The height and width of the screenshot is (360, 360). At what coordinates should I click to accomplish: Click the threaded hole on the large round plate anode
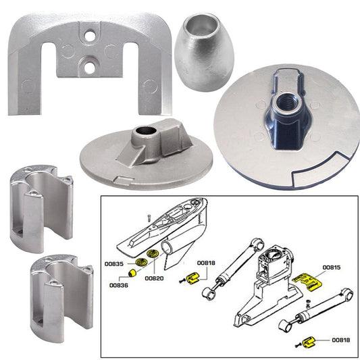pos(278,105)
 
